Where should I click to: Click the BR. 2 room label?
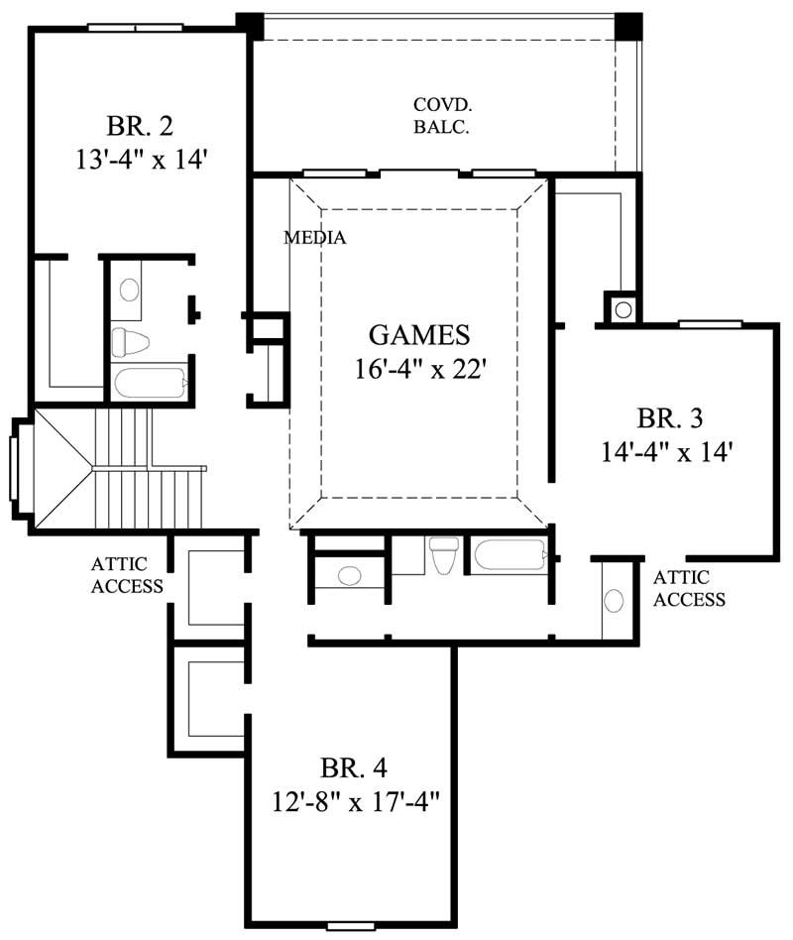(x=140, y=127)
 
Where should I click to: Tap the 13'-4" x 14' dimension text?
(x=140, y=159)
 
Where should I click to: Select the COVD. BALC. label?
(x=441, y=115)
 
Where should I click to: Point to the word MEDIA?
(x=314, y=238)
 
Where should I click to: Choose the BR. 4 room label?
(x=353, y=767)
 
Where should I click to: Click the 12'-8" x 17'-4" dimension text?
(x=353, y=800)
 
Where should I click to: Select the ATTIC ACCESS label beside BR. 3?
(x=689, y=588)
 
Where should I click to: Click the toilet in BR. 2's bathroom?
(x=128, y=343)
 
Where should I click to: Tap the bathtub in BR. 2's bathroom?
(x=150, y=383)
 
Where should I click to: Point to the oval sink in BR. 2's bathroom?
(x=130, y=291)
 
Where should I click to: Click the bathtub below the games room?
(x=509, y=553)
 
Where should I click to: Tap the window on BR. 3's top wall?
(x=710, y=323)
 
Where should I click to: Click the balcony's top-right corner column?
(x=628, y=25)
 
